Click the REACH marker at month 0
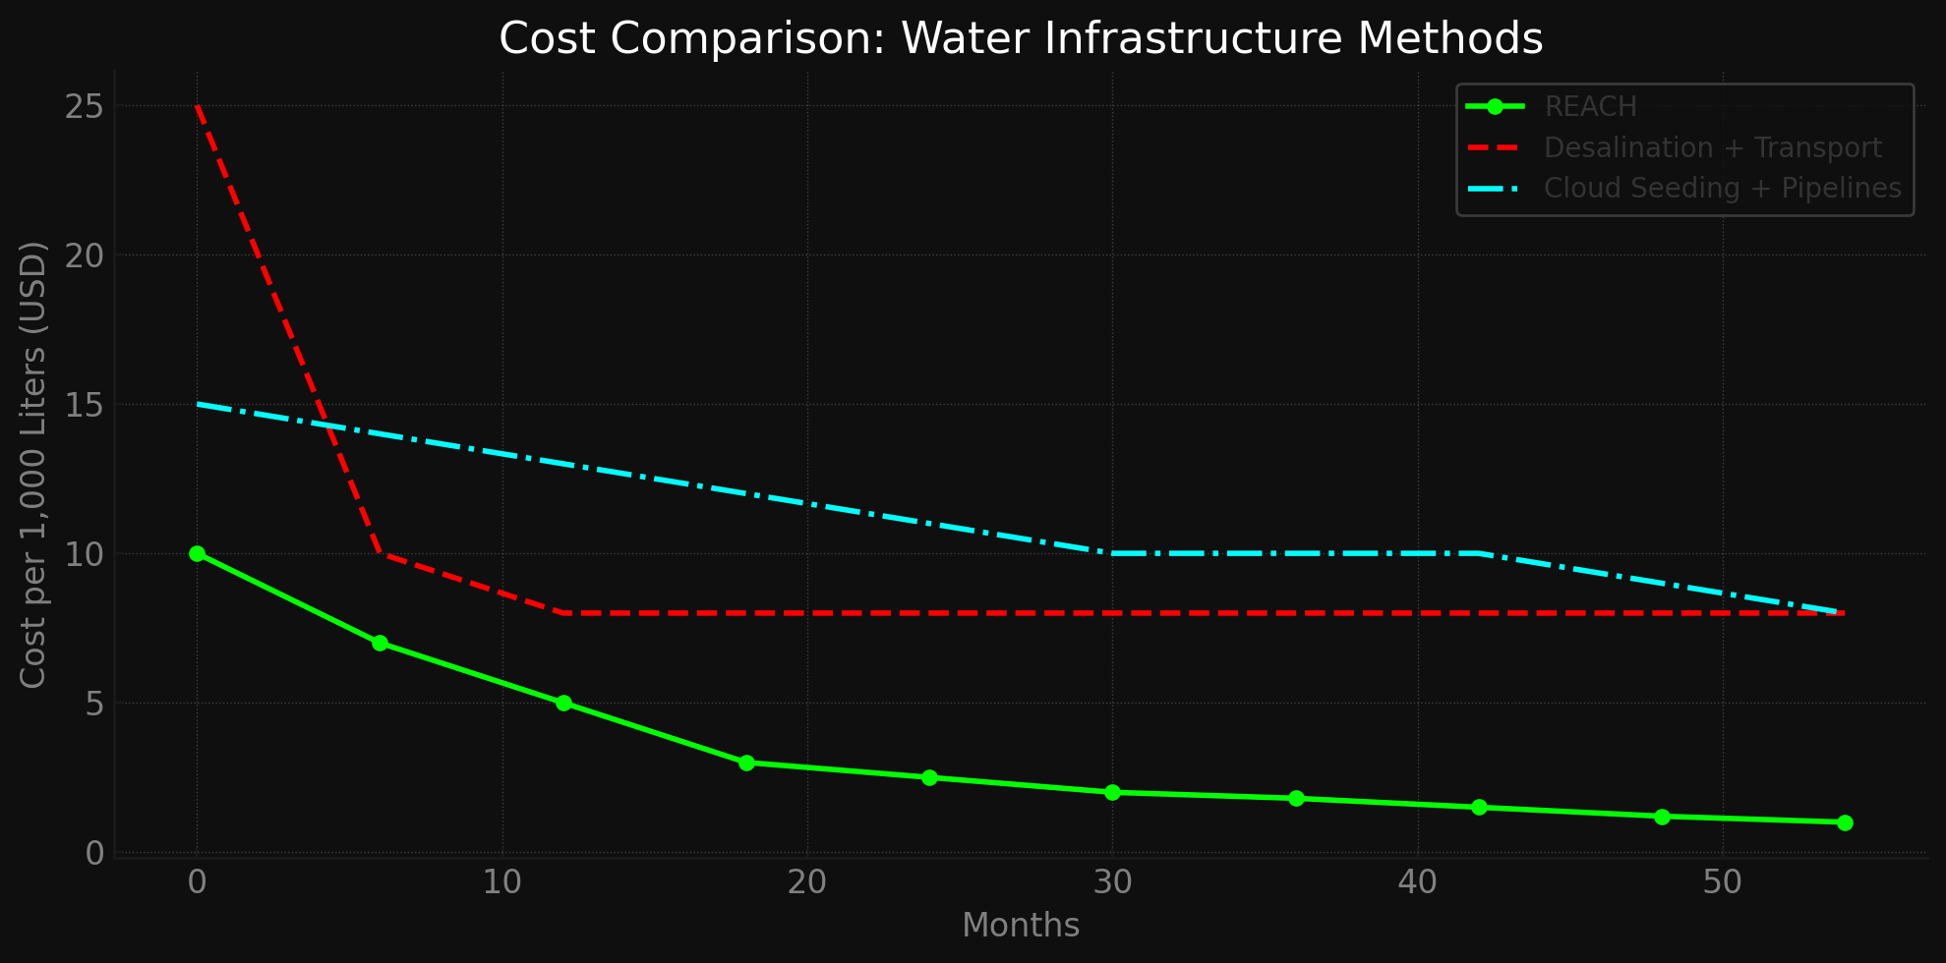point(197,553)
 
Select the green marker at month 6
point(380,643)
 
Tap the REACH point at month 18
point(746,763)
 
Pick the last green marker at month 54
point(1845,822)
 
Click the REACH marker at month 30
point(1112,792)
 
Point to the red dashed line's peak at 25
point(197,106)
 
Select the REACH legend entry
point(1590,106)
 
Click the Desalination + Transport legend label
point(1712,147)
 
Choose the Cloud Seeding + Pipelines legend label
point(1722,188)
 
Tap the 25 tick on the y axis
point(84,106)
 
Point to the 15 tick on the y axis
point(84,405)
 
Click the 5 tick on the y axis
point(93,704)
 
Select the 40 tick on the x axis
point(1417,882)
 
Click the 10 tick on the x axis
point(501,882)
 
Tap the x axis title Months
point(1020,926)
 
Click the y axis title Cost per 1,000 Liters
point(33,464)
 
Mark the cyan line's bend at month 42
point(1478,553)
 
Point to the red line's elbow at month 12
point(562,613)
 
